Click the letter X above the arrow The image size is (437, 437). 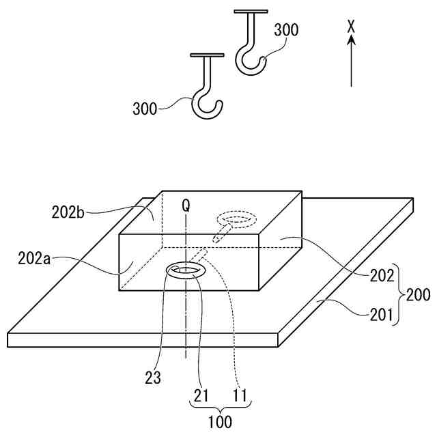(351, 26)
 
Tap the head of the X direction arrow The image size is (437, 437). (351, 40)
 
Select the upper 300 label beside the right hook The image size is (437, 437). (286, 30)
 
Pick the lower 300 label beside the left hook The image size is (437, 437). (145, 108)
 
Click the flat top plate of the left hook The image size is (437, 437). (208, 55)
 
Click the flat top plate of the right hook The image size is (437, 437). (251, 11)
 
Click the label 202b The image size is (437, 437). (68, 212)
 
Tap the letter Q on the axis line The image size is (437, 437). (184, 203)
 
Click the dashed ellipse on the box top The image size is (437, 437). (234, 219)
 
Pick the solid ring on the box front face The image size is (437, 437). (185, 270)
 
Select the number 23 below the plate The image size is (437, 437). (153, 377)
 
